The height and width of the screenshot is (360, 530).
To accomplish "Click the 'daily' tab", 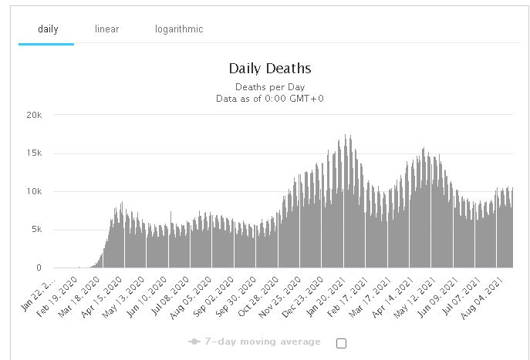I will pyautogui.click(x=47, y=29).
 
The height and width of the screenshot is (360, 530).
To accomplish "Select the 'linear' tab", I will pyautogui.click(x=106, y=29).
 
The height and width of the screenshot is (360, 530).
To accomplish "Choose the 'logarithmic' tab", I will pyautogui.click(x=178, y=29).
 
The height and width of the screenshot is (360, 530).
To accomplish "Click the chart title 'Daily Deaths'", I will pyautogui.click(x=270, y=69).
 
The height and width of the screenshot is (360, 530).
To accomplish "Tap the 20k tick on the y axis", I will pyautogui.click(x=32, y=115).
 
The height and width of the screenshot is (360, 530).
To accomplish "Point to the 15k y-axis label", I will pyautogui.click(x=32, y=153).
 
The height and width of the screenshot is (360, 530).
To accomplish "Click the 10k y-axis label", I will pyautogui.click(x=32, y=191).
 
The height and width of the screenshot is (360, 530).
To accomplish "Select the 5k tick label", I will pyautogui.click(x=35, y=230).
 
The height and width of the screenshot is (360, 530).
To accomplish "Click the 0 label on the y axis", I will pyautogui.click(x=39, y=268).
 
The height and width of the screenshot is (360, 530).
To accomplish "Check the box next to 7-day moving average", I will pyautogui.click(x=342, y=343).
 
